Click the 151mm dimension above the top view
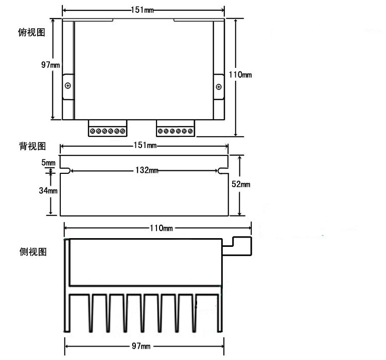[x=143, y=10]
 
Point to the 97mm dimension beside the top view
[x=50, y=65]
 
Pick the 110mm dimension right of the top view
[x=240, y=75]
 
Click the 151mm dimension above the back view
[x=145, y=146]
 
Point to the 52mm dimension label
[x=241, y=184]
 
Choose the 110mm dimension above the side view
[x=161, y=227]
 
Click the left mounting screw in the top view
[x=68, y=85]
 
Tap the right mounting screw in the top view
[x=219, y=86]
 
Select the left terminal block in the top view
[x=107, y=129]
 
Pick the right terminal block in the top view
[x=176, y=129]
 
